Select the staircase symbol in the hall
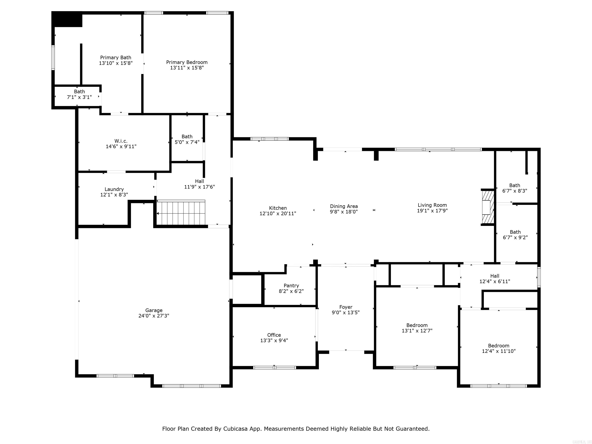[x=181, y=213]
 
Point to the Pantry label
[x=291, y=286]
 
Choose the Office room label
[x=274, y=335]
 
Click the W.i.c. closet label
[x=121, y=141]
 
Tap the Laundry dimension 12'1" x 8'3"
[x=114, y=195]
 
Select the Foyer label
[x=346, y=307]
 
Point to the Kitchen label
[x=278, y=208]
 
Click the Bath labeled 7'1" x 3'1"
[x=79, y=94]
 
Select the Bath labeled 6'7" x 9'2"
[x=515, y=235]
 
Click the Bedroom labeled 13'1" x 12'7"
[x=417, y=328]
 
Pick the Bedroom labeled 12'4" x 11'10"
[x=499, y=348]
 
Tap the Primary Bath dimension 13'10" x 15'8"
[x=116, y=63]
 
